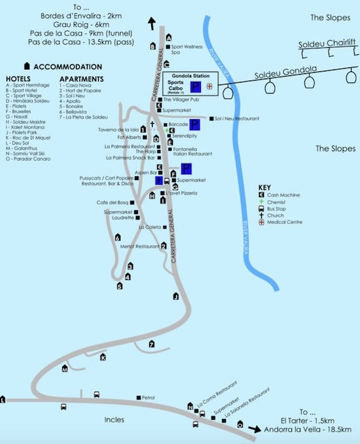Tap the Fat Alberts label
[x=131, y=138]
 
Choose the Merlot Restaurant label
[x=139, y=246]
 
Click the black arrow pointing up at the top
[x=153, y=23]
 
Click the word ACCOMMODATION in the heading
[x=67, y=66]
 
